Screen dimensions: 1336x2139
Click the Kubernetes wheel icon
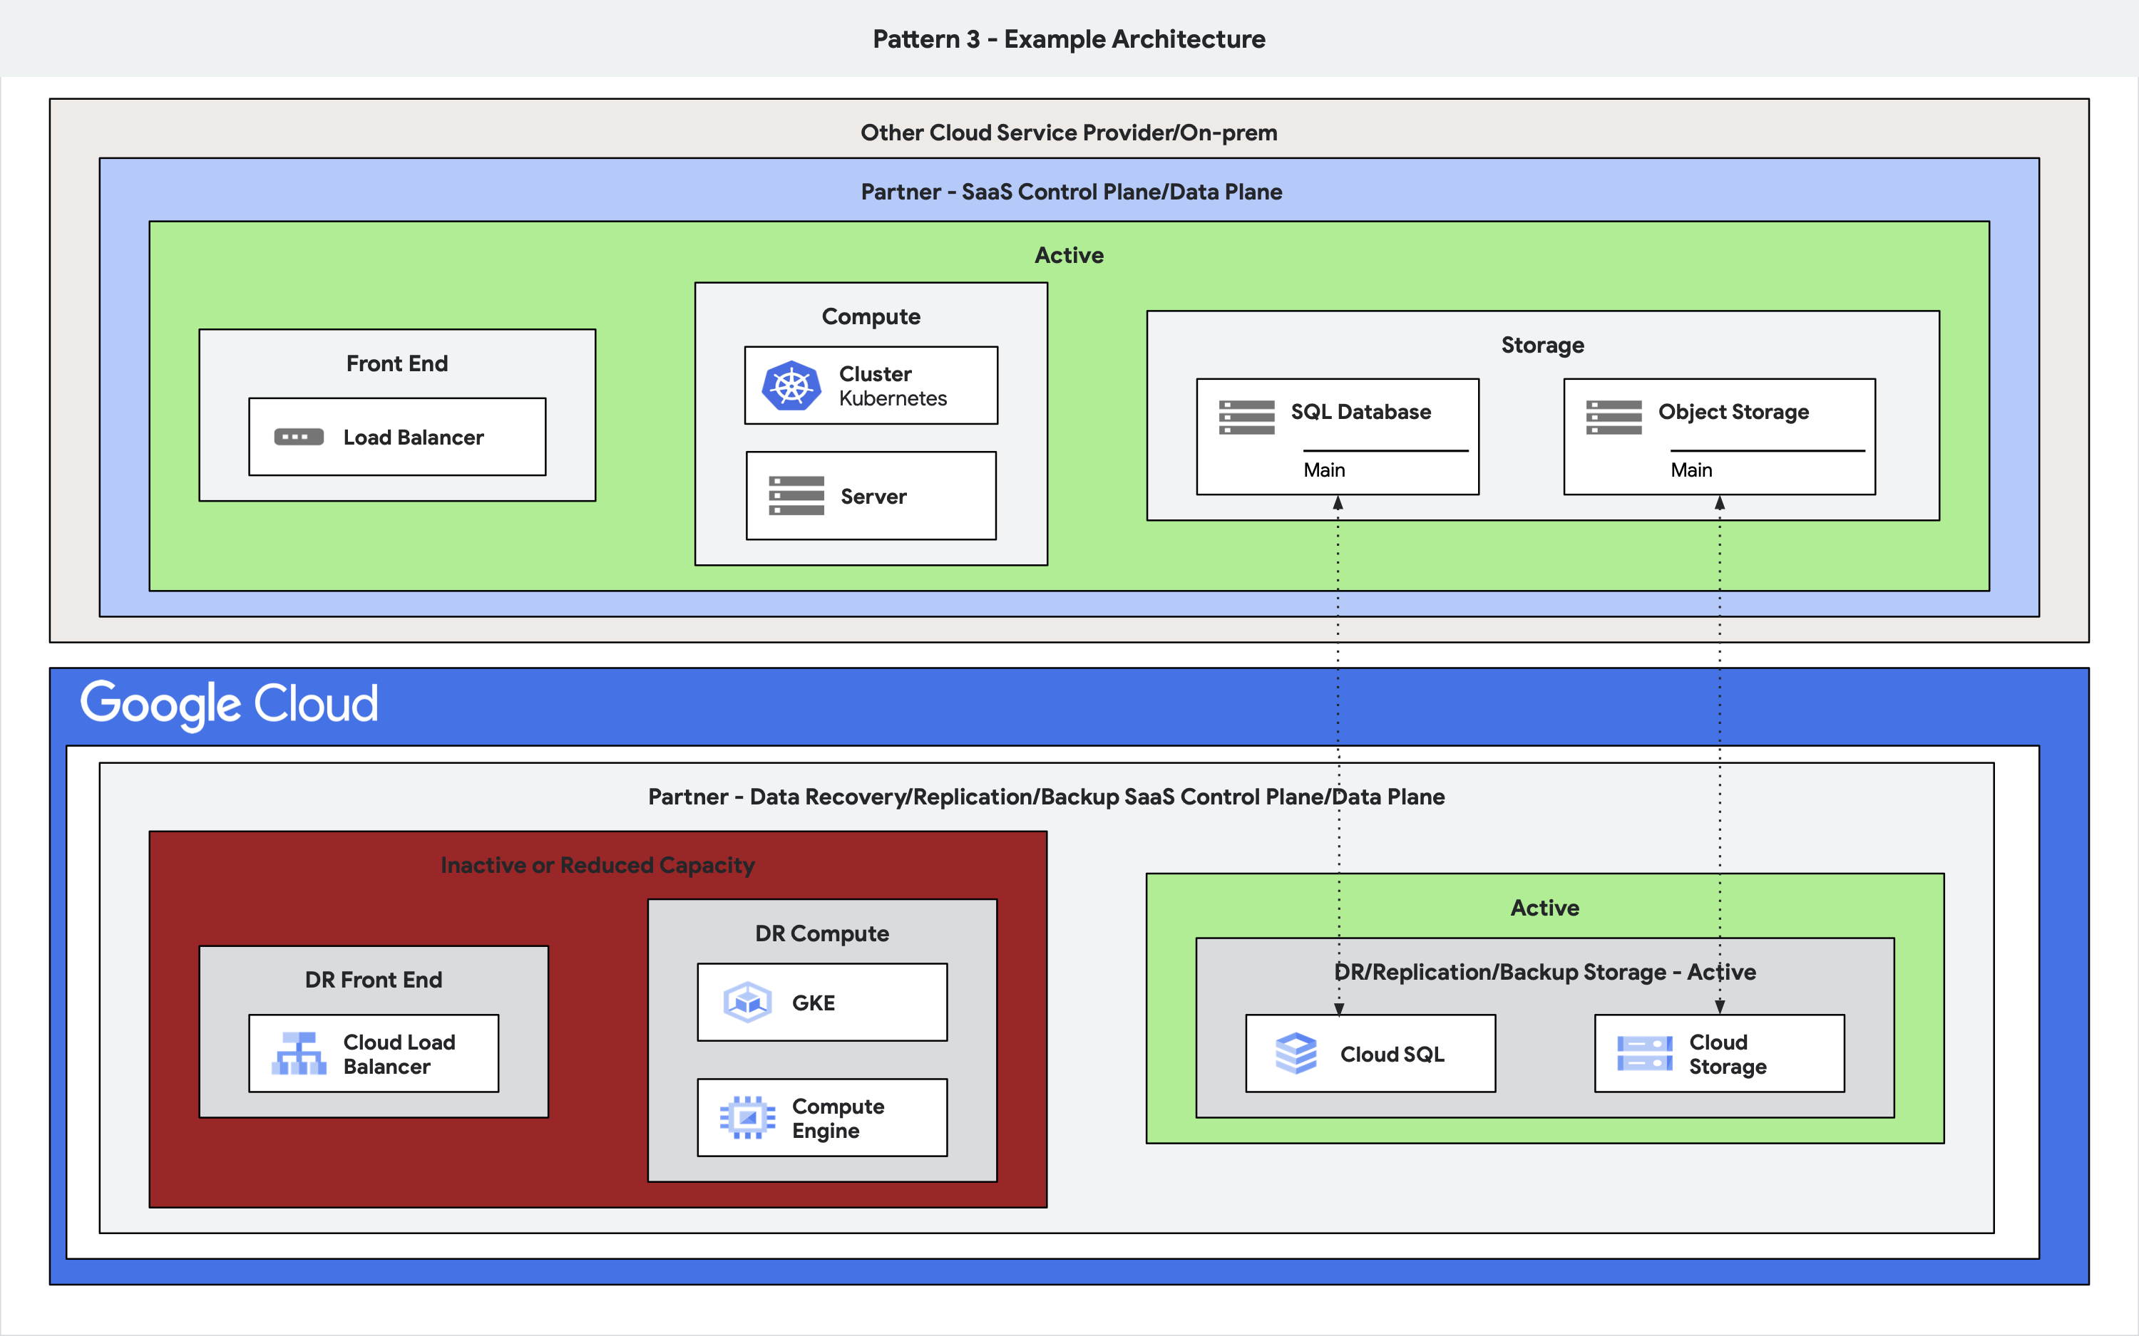tap(791, 385)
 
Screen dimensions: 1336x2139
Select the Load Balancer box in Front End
tap(397, 437)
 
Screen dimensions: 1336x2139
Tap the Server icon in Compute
tap(796, 496)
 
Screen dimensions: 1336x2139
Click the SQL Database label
tap(1360, 412)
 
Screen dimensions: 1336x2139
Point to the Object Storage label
tap(1733, 412)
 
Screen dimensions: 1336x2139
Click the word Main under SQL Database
tap(1323, 470)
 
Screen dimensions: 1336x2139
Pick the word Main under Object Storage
tap(1690, 470)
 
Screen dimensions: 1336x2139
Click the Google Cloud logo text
tap(229, 704)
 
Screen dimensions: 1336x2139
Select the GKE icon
tap(748, 1002)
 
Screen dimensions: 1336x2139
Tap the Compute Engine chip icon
tap(748, 1118)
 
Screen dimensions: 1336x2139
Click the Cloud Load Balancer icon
tap(299, 1053)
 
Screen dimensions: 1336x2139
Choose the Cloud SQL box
tap(1370, 1053)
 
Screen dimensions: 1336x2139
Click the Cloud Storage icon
tap(1644, 1053)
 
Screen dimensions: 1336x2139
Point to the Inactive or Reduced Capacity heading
tap(597, 865)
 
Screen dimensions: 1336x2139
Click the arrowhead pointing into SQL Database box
tap(1338, 503)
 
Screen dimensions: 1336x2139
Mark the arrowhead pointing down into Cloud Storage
tap(1719, 1006)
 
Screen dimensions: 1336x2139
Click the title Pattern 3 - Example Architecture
tap(1069, 39)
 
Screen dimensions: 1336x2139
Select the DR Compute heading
tap(821, 933)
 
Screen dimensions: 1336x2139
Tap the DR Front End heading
tap(373, 979)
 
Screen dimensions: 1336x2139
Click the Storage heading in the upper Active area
tap(1542, 345)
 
